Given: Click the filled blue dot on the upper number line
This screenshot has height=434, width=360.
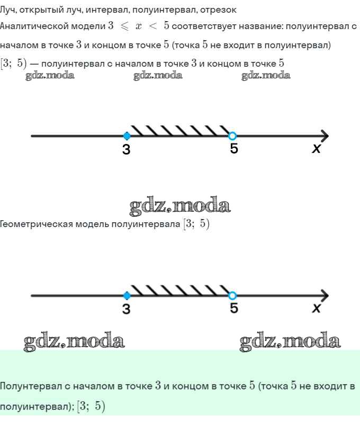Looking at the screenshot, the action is click(x=127, y=136).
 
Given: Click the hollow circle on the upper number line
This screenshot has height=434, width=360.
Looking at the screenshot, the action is click(x=232, y=136).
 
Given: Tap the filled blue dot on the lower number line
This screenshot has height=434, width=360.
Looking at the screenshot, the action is click(x=127, y=296).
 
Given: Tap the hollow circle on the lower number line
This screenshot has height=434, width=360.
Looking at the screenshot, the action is click(x=232, y=296).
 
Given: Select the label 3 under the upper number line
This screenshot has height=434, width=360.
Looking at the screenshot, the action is click(x=127, y=149).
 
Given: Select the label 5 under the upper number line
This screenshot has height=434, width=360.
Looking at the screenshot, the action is click(x=234, y=148).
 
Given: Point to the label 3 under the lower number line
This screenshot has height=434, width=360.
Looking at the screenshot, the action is click(x=127, y=309).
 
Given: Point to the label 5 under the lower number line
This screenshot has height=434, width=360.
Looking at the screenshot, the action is click(x=234, y=308).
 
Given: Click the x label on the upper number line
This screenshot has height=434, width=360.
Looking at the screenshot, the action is click(x=316, y=148).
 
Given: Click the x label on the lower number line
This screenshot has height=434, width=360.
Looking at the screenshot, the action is click(x=316, y=308).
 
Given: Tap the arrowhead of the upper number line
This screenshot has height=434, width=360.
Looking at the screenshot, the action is click(x=325, y=136).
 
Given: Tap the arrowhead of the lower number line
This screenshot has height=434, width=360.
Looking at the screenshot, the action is click(x=325, y=296).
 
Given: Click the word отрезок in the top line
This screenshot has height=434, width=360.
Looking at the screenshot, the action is click(x=218, y=10).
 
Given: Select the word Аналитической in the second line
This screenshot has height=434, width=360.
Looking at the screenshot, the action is click(x=34, y=26).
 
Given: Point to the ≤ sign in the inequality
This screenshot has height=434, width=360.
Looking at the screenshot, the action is click(x=124, y=26).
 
